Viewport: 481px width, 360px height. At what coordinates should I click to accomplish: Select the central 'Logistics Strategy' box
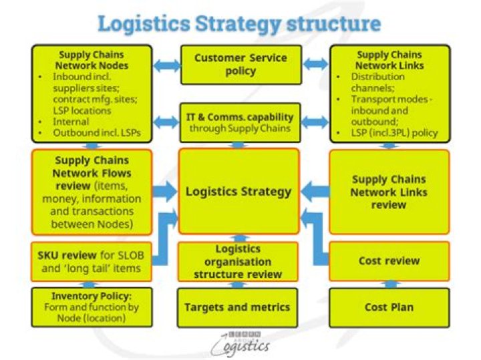click(x=238, y=192)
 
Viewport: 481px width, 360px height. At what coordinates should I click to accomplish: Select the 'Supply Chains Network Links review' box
click(x=389, y=192)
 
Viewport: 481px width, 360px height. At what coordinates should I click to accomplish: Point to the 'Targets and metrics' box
click(x=238, y=307)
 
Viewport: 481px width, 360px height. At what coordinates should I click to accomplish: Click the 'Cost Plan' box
click(x=389, y=307)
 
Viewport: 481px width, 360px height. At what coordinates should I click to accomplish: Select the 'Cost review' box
click(x=389, y=261)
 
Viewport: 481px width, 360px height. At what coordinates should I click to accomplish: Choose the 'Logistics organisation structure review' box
click(x=238, y=261)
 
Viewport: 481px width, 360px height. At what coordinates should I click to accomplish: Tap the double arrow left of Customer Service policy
click(x=167, y=65)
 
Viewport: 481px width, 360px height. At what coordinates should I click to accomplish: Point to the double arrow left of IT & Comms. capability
click(x=167, y=122)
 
